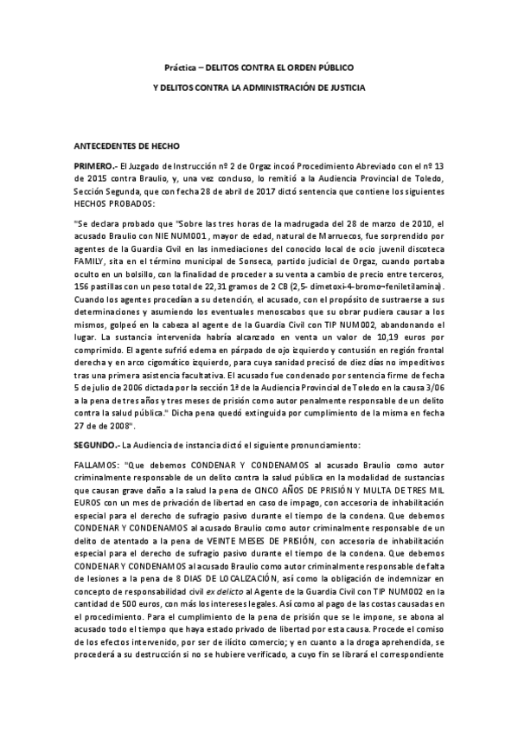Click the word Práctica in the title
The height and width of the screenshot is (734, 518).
coord(180,67)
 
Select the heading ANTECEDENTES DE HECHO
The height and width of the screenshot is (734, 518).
coord(126,146)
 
